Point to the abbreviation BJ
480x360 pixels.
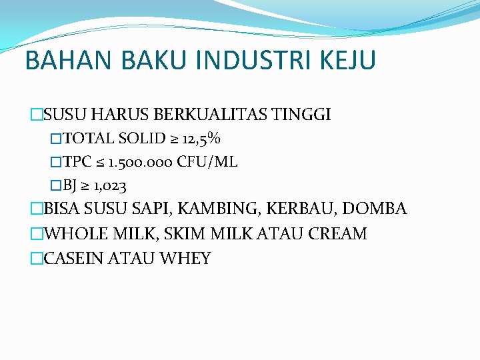[70, 185]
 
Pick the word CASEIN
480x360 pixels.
[70, 259]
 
